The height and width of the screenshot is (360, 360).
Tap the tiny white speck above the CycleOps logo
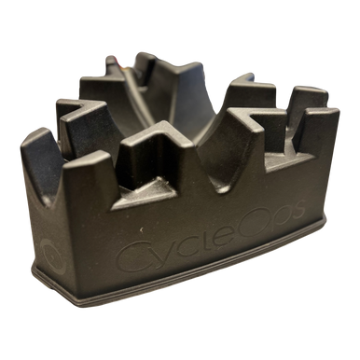(142, 230)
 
